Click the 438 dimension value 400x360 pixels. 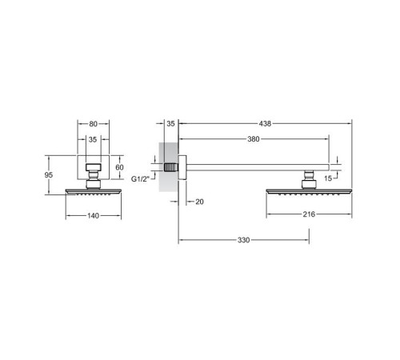265,124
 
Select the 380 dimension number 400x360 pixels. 254,139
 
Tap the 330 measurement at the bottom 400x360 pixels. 244,240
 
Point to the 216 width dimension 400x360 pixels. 309,214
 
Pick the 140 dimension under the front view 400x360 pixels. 93,216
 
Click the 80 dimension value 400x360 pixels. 93,124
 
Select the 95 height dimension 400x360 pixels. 49,175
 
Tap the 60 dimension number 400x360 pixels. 119,167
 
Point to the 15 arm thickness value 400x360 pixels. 328,178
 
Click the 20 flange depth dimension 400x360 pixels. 199,202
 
